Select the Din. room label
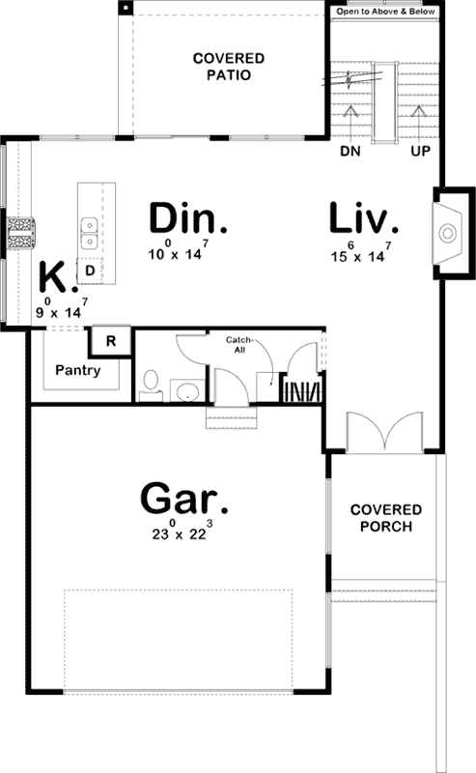click(x=187, y=218)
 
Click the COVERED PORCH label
click(x=385, y=518)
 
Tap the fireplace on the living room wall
click(x=446, y=233)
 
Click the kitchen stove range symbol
click(x=21, y=233)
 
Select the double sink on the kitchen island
click(x=88, y=229)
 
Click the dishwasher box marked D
click(x=89, y=272)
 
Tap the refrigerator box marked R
click(x=110, y=341)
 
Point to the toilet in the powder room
click(x=149, y=383)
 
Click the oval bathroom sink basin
click(x=185, y=392)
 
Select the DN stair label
click(x=350, y=152)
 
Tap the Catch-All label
click(x=238, y=345)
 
